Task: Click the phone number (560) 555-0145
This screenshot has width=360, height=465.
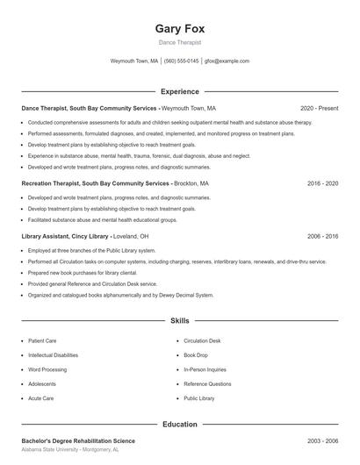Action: coord(182,61)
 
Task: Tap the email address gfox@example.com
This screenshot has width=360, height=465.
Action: coord(227,61)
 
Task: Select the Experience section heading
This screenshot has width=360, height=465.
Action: coord(179,91)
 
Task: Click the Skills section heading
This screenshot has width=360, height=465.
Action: coord(179,321)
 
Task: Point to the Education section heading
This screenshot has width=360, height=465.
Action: coord(179,424)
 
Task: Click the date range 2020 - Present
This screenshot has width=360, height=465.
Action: coord(319,108)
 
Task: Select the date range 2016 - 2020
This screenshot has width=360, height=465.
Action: coord(322,184)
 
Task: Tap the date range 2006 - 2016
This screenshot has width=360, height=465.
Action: coord(322,236)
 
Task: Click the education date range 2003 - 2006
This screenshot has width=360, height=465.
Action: coord(322,440)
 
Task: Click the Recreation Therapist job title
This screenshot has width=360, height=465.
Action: coord(83,184)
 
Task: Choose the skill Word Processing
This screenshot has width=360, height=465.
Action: coord(47,369)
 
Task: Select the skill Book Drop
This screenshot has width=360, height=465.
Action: coord(195,354)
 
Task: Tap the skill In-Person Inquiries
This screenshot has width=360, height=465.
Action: coord(205,369)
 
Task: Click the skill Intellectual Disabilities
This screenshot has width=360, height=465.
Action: coord(53,354)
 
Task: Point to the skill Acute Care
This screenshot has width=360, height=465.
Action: coord(41,398)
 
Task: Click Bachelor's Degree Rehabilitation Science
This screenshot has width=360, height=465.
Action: coord(78,440)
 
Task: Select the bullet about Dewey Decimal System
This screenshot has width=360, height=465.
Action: coord(120,296)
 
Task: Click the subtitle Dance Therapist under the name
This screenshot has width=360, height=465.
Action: coord(179,42)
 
